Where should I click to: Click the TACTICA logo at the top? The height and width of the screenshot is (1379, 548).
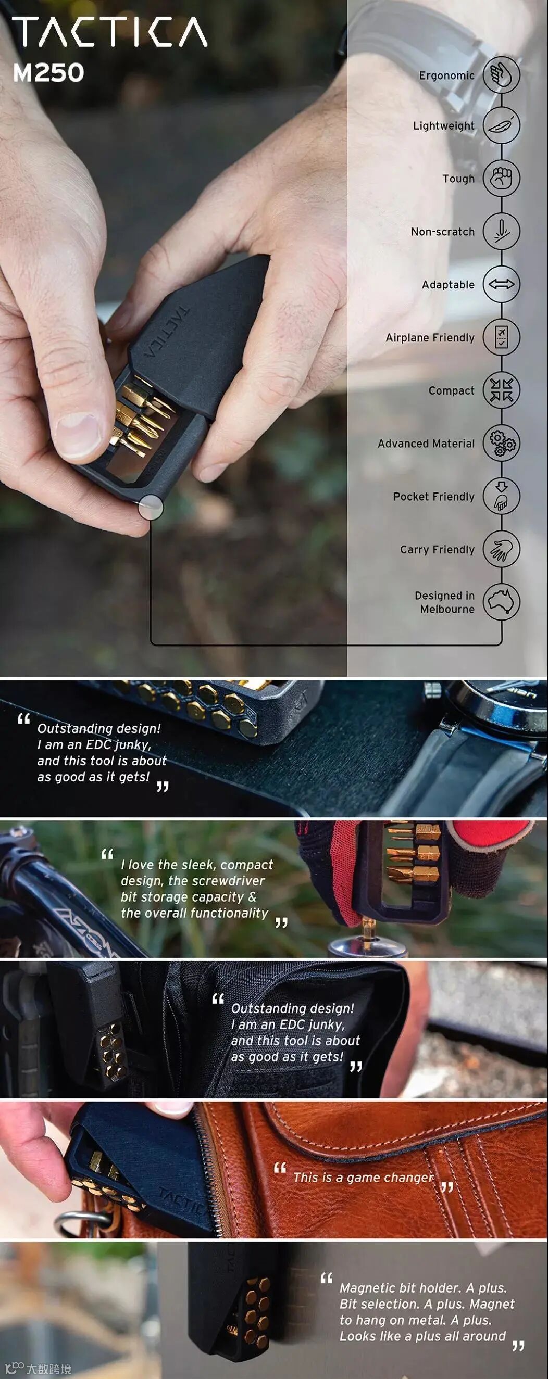point(110,32)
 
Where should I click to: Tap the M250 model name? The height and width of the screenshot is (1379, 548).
point(48,72)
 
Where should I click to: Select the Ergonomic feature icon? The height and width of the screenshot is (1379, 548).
point(502,74)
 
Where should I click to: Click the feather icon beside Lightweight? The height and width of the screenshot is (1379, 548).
point(502,125)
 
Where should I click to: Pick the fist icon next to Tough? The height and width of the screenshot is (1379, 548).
point(502,178)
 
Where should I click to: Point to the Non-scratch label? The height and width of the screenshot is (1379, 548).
point(442,232)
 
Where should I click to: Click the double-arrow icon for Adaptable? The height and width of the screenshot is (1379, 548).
point(502,284)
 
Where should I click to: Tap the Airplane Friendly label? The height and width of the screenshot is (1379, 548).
point(430,338)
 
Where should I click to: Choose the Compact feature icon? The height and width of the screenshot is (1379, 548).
point(502,390)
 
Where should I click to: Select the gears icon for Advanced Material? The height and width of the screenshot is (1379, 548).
point(502,443)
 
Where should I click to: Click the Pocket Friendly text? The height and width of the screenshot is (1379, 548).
point(433,497)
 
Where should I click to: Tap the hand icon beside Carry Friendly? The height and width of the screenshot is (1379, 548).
point(502,549)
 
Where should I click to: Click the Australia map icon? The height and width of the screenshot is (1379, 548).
point(502,602)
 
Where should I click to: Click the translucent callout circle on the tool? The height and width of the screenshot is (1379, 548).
point(151,507)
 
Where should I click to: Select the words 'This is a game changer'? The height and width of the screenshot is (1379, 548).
point(363,1177)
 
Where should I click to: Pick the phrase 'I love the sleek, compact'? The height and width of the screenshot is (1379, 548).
point(196,865)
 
